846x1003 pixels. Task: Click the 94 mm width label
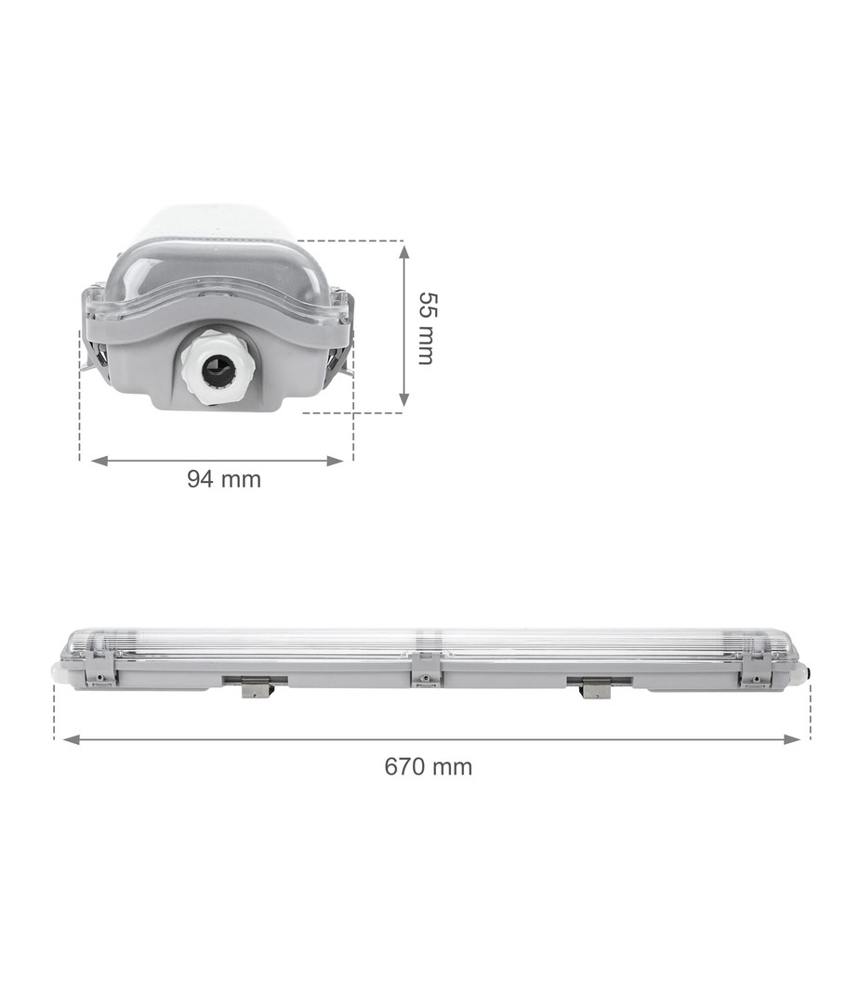224,478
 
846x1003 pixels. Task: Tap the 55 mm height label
426,328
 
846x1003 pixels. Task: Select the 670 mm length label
429,766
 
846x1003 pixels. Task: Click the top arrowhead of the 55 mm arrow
403,252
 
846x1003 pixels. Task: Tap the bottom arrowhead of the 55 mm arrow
403,397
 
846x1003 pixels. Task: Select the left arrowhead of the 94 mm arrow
99,461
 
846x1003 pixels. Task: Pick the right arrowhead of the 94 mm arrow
336,461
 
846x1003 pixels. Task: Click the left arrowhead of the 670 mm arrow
72,739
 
